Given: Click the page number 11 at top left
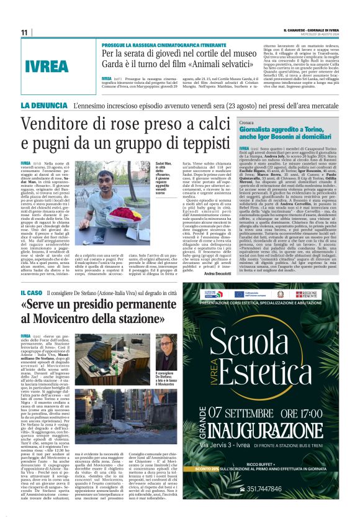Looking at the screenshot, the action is pos(24,32).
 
